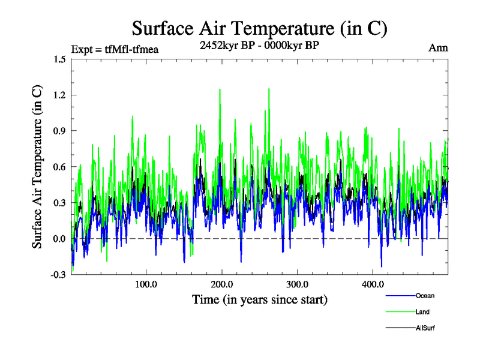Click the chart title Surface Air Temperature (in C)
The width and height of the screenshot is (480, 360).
(x=259, y=28)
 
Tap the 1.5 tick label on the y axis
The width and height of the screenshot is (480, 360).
(x=59, y=59)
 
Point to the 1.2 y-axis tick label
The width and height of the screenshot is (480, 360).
(x=59, y=95)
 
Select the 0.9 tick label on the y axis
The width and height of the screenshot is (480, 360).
(x=59, y=131)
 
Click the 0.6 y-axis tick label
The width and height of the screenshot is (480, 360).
(x=59, y=167)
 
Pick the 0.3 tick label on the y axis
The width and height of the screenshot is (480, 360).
(x=59, y=203)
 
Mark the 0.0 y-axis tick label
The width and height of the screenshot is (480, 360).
(x=59, y=239)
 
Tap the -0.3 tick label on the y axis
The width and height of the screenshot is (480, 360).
(x=58, y=275)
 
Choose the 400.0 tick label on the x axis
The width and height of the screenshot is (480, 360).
(x=373, y=284)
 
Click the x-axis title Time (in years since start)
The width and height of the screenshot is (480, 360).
(x=259, y=299)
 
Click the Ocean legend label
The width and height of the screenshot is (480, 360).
(x=425, y=296)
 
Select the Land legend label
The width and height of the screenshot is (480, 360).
(x=422, y=312)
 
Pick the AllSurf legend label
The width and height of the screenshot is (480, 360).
(x=426, y=328)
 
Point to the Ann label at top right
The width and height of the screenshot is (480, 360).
(x=438, y=47)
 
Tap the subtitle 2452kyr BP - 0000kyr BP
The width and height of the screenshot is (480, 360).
(x=259, y=46)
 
